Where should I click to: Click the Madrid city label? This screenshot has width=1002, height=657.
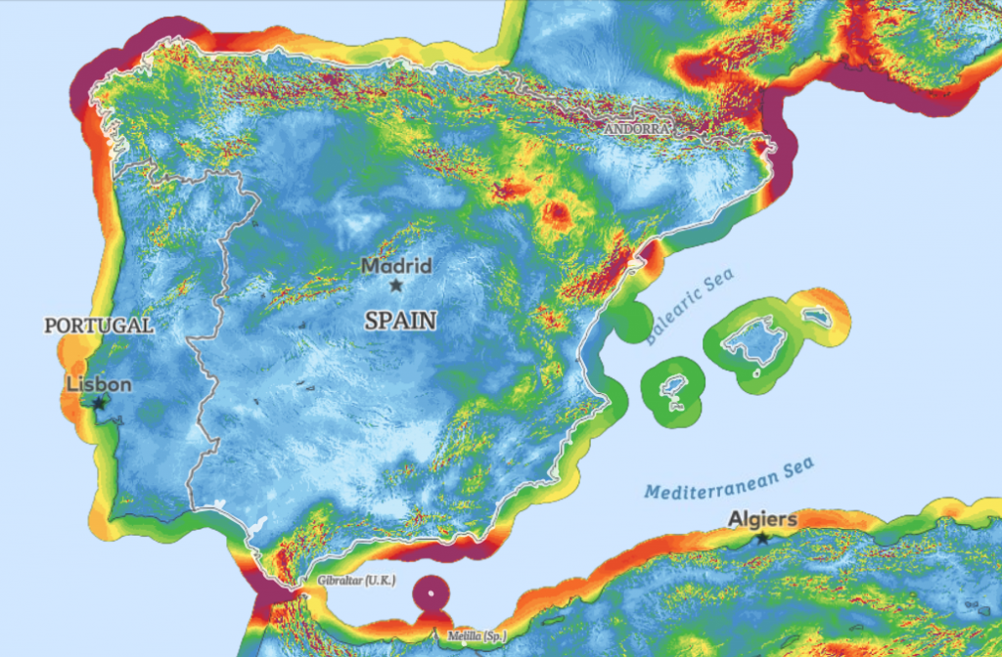[x=396, y=265]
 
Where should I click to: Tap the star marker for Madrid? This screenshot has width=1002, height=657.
[x=395, y=285]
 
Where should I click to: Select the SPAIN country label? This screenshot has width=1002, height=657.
[x=400, y=320]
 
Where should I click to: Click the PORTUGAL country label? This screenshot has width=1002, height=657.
[x=99, y=325]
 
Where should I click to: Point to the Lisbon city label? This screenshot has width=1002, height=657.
[x=99, y=384]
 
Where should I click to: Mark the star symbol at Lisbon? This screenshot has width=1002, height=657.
[x=99, y=402]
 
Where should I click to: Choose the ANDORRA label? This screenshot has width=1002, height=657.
[x=637, y=129]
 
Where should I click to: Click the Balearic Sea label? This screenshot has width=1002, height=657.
[x=689, y=306]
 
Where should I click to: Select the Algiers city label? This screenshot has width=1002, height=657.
[x=763, y=519]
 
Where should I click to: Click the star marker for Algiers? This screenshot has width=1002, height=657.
[x=762, y=538]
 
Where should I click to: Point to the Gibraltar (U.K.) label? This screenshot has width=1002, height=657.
[x=356, y=582]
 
